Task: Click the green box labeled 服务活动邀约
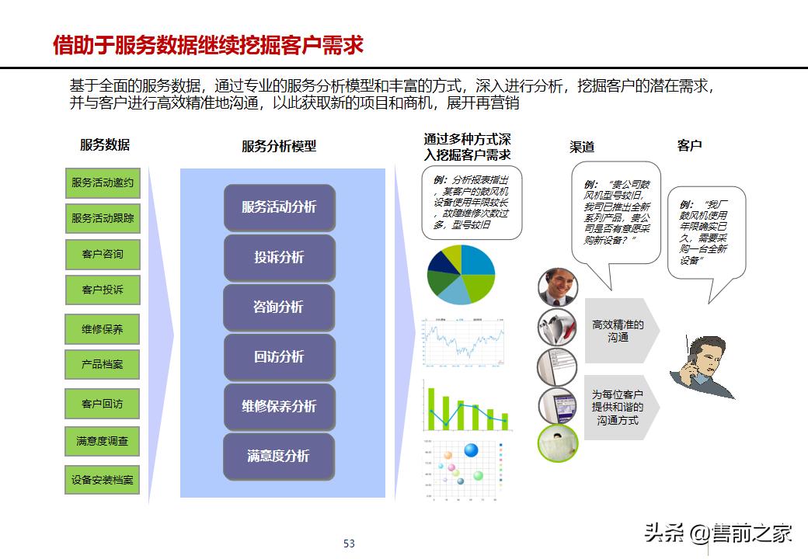pyautogui.click(x=103, y=182)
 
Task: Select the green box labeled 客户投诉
pyautogui.click(x=103, y=290)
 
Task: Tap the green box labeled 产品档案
pyautogui.click(x=103, y=363)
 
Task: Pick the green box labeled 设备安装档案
pyautogui.click(x=103, y=479)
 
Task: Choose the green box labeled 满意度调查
pyautogui.click(x=103, y=441)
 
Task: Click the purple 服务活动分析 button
pyautogui.click(x=279, y=207)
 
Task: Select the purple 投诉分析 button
pyautogui.click(x=279, y=257)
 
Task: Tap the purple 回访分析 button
pyautogui.click(x=279, y=356)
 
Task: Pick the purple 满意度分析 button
pyautogui.click(x=279, y=456)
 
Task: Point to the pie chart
pyautogui.click(x=461, y=274)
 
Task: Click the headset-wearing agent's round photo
pyautogui.click(x=558, y=286)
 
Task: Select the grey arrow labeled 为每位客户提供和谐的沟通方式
pyautogui.click(x=620, y=407)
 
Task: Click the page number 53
pyautogui.click(x=349, y=543)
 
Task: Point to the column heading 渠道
pyautogui.click(x=582, y=147)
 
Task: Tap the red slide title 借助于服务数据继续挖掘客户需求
pyautogui.click(x=208, y=46)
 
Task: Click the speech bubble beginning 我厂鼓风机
pyautogui.click(x=706, y=232)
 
